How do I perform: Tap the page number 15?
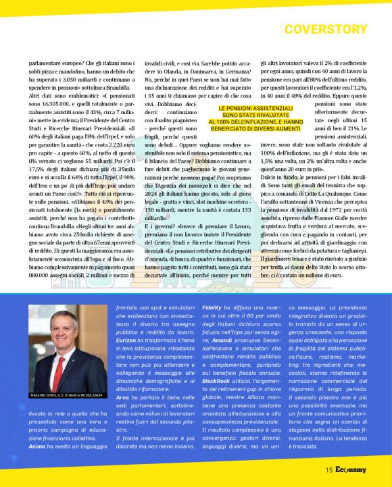(x=328, y=470)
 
